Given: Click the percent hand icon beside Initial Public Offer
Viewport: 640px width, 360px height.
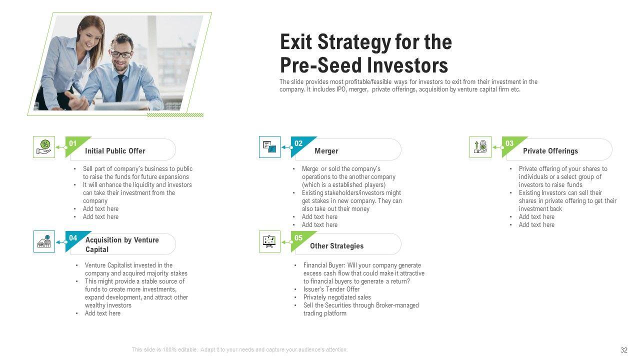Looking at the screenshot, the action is pos(44,147).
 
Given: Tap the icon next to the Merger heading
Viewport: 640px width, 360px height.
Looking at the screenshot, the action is pos(269,147).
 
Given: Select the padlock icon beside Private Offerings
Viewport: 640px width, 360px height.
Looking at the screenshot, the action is pos(480,147).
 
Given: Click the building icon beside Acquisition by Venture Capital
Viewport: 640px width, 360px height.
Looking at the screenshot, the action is pos(44,241).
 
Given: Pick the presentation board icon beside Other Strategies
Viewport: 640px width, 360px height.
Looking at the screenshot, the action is pos(269,241).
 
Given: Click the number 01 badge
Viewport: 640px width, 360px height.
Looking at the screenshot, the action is pos(73,143).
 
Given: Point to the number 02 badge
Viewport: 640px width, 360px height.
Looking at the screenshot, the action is pos(298,143).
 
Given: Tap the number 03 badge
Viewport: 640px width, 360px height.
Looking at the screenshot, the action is pos(509,143).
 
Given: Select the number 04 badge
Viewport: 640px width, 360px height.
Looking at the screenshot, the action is pos(73,238).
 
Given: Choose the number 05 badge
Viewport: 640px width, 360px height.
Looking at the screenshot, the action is pos(298,238).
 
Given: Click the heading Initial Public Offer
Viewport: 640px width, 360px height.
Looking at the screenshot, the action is pos(115,151).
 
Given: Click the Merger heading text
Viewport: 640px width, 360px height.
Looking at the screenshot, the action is pos(326,151).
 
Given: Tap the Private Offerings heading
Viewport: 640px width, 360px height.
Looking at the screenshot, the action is pos(550,151).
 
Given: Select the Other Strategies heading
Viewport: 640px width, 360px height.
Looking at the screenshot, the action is pos(337,246).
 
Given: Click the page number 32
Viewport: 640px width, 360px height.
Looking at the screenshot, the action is pos(623,350).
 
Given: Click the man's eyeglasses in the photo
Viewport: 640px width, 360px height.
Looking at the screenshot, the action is pos(122,54).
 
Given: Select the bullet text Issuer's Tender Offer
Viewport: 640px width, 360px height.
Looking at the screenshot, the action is pos(331,289).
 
